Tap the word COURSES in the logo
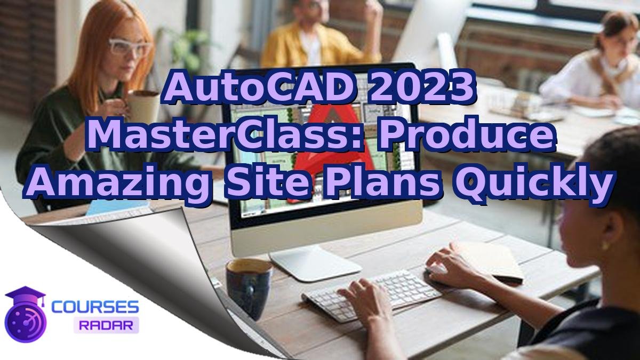[x=95, y=307]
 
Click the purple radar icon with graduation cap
[x=25, y=315]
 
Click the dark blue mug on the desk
[x=249, y=285]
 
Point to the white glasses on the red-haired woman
[x=130, y=48]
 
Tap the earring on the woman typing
[x=605, y=245]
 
